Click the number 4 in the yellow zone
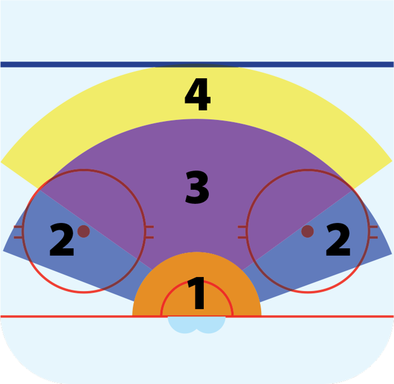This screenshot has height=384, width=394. coord(197,95)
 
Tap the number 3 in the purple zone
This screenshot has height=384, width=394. coord(197,187)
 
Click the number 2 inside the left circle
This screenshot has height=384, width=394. coord(62,240)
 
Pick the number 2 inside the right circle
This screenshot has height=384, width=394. coord(338,240)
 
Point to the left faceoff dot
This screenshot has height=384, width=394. coord(83,231)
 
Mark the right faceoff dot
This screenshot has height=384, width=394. coord(307,231)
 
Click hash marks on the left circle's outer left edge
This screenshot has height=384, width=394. coord(18,232)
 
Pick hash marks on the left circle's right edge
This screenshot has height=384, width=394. coord(150,232)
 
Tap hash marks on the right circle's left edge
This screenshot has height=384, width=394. coord(242,232)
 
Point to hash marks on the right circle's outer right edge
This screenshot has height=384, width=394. coord(373,232)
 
